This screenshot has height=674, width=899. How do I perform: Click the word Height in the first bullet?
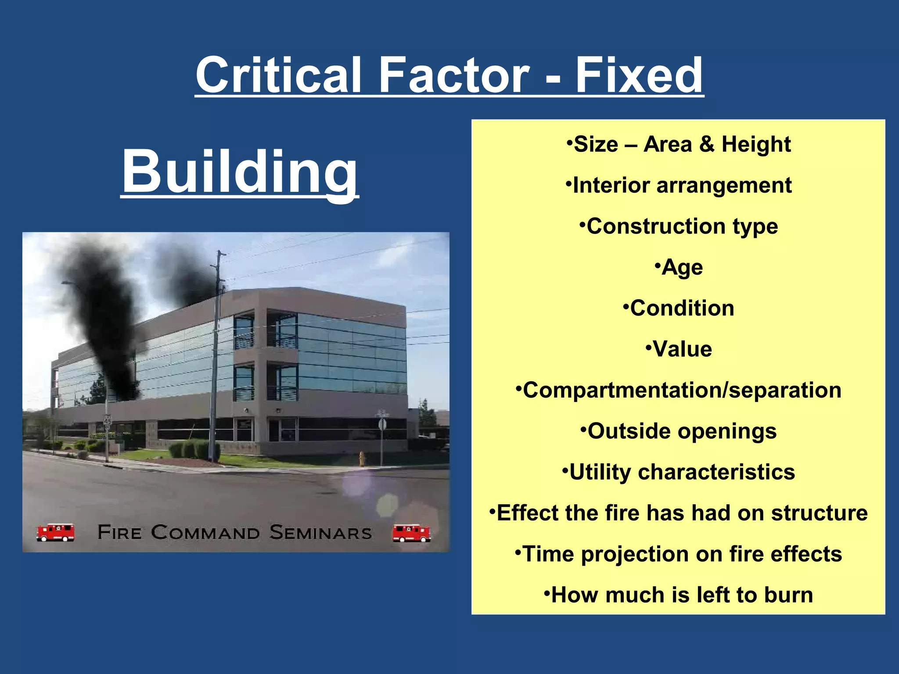point(756,144)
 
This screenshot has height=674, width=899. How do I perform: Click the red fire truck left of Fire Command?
point(55,532)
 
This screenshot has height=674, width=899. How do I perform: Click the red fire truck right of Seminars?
point(411,533)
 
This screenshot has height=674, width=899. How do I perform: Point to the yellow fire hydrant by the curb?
point(362,459)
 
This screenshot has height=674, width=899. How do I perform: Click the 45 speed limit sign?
point(108,419)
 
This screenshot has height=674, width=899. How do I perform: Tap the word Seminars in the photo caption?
point(320,532)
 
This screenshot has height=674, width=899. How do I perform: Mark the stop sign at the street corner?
point(382,424)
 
